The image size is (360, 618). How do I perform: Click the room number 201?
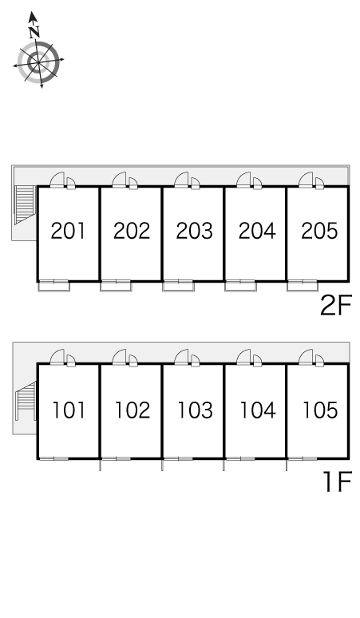(68, 231)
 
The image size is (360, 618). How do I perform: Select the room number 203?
(194, 231)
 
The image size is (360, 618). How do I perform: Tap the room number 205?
(319, 231)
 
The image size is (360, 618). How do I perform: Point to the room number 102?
(133, 410)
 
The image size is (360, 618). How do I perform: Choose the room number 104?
(258, 410)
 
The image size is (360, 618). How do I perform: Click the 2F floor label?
(335, 305)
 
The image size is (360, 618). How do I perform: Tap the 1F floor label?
(337, 481)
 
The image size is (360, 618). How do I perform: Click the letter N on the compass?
(34, 31)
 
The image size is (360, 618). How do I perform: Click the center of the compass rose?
(38, 63)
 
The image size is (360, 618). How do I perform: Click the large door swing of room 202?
(120, 180)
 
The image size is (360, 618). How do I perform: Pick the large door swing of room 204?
(243, 180)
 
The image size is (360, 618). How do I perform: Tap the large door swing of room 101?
(57, 356)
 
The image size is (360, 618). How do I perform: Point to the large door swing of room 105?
(306, 356)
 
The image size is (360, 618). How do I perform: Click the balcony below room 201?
(54, 287)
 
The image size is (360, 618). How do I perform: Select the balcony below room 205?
(303, 287)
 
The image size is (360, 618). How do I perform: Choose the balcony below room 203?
(179, 287)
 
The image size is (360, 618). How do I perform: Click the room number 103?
(195, 410)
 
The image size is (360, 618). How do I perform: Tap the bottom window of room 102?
(117, 458)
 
